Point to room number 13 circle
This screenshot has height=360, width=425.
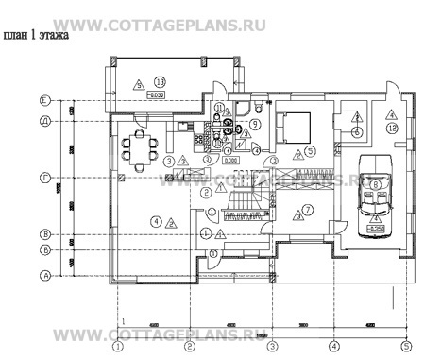point(161,82)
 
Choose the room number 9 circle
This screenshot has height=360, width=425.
point(255,124)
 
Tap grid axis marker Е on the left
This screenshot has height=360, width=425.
point(43,99)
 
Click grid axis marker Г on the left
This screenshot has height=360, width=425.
point(43,177)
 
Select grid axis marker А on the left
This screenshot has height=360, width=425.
point(43,275)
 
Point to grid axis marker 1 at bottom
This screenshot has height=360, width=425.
point(117,345)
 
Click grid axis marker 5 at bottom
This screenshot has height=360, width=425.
point(406,345)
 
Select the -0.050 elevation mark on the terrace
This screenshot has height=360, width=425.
point(157,95)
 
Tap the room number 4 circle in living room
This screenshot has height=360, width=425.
point(155,221)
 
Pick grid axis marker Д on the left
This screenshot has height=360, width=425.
point(43,120)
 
